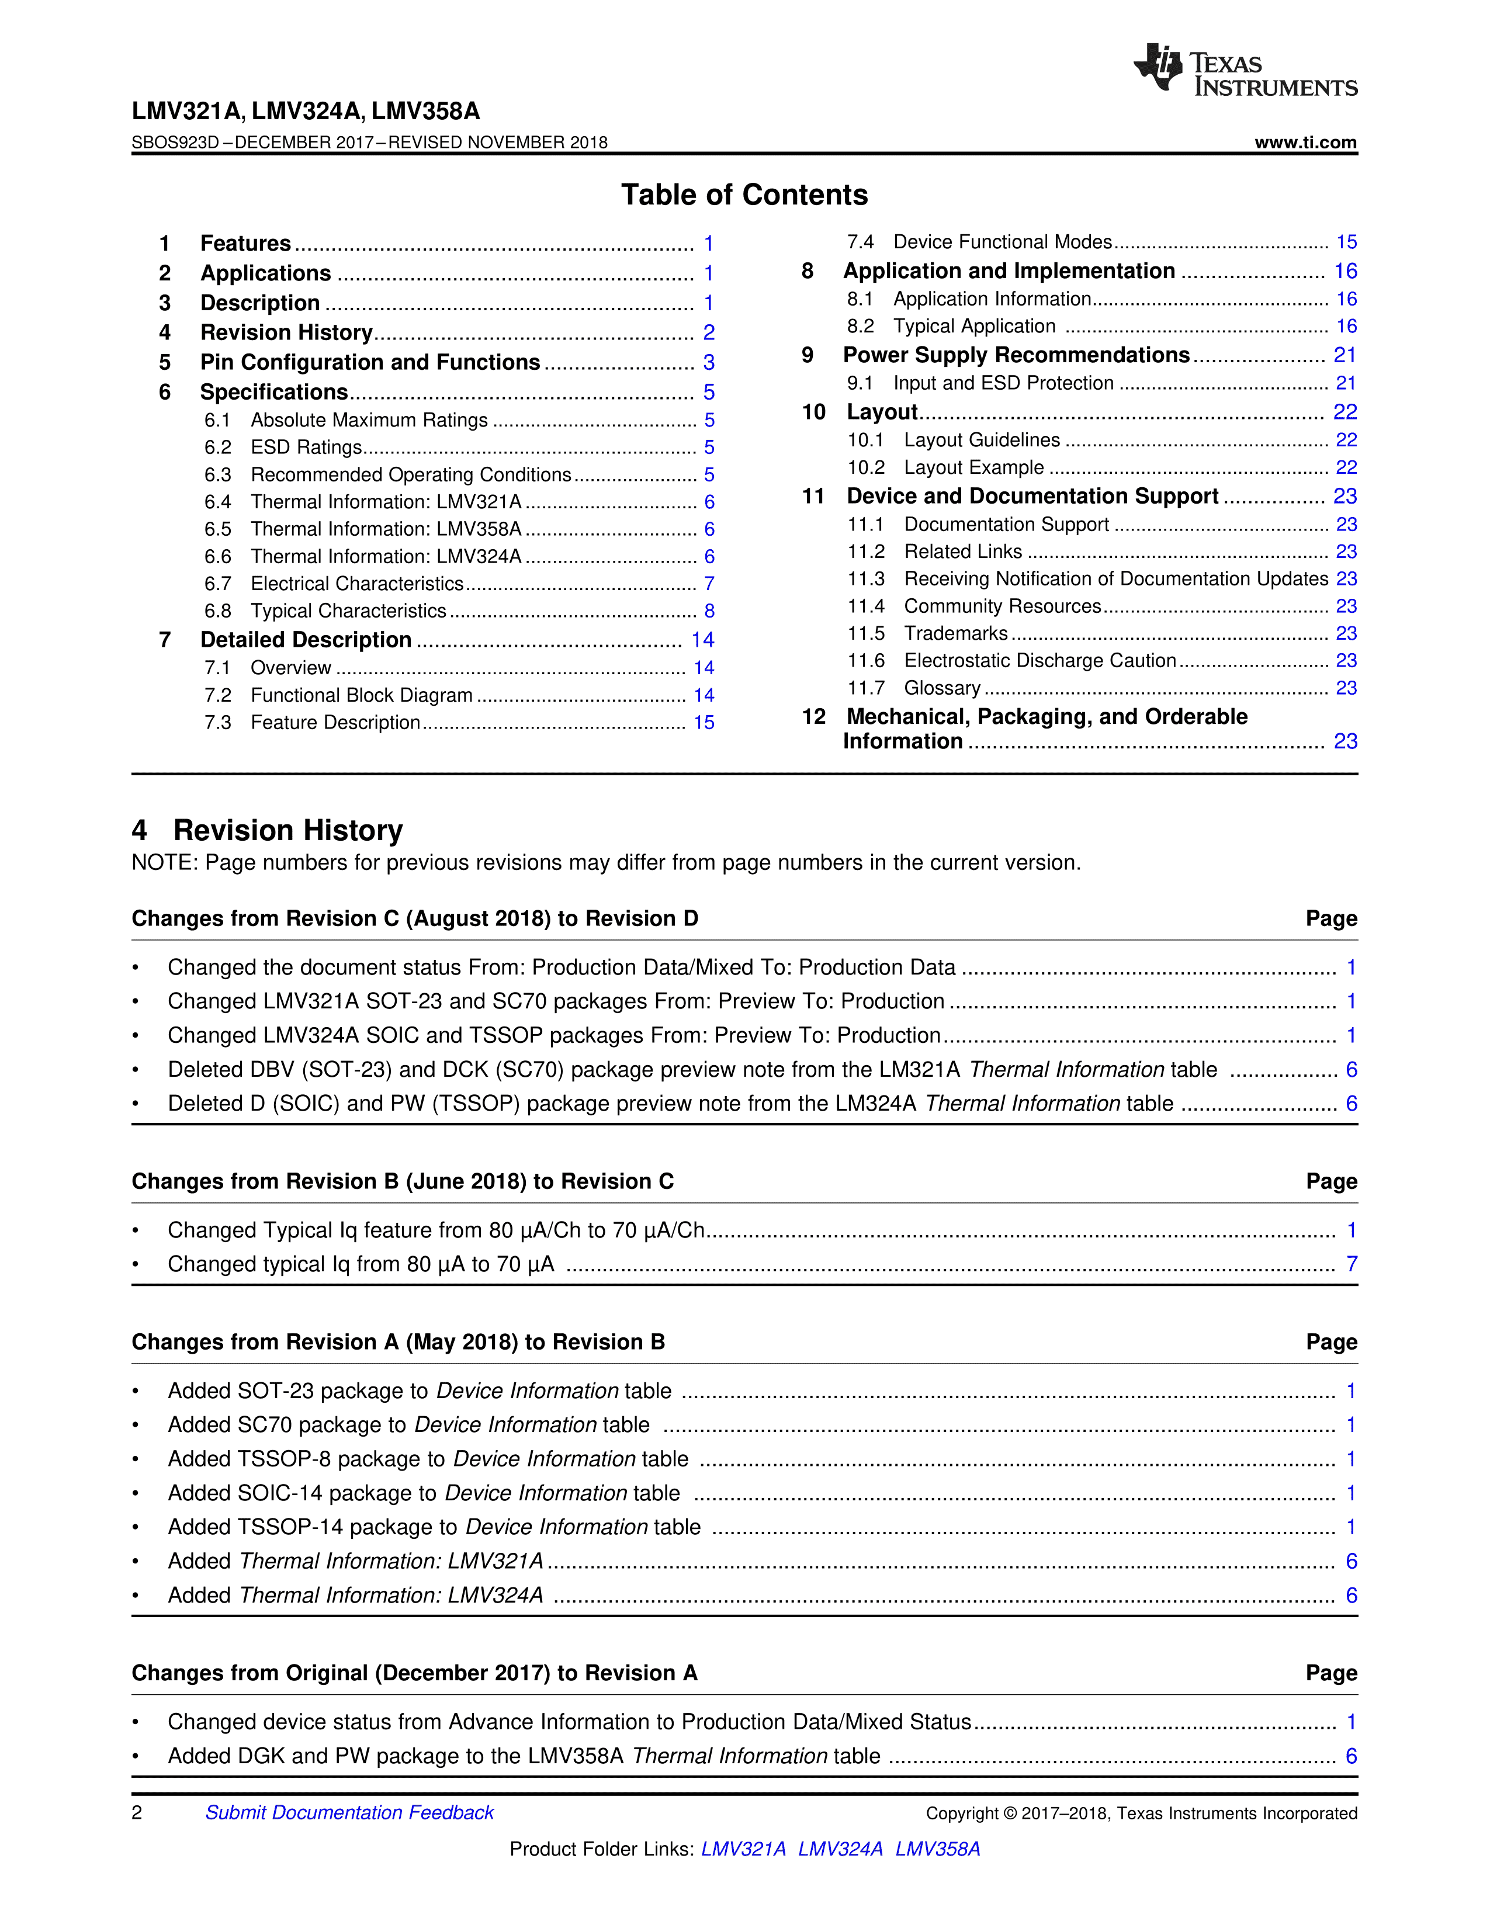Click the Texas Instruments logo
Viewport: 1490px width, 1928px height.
[1245, 71]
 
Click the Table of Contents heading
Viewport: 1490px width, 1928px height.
[744, 195]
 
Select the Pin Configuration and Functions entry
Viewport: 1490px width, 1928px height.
[370, 363]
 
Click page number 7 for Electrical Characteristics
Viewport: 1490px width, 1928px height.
[709, 584]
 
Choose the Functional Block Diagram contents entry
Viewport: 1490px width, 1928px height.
[361, 696]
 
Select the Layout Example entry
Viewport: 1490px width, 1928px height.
[973, 468]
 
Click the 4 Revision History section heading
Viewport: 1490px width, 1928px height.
[268, 831]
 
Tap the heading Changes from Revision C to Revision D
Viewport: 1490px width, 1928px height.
[415, 919]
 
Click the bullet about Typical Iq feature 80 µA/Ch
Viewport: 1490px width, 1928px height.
[436, 1230]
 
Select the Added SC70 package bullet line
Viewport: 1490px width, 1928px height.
[408, 1426]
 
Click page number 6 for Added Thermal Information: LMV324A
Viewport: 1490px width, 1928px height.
[1350, 1596]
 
